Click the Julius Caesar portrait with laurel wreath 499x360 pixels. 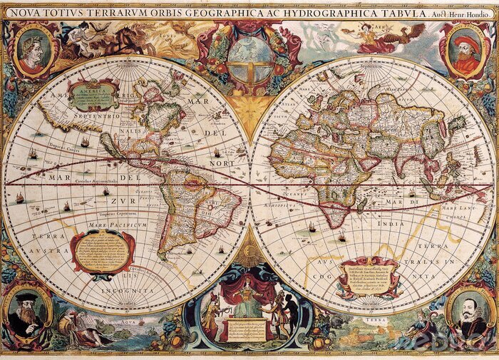pyautogui.click(x=31, y=48)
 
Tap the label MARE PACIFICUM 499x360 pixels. pyautogui.click(x=118, y=225)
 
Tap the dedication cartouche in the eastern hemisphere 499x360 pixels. pyautogui.click(x=368, y=275)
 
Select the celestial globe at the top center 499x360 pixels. pyautogui.click(x=249, y=53)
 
